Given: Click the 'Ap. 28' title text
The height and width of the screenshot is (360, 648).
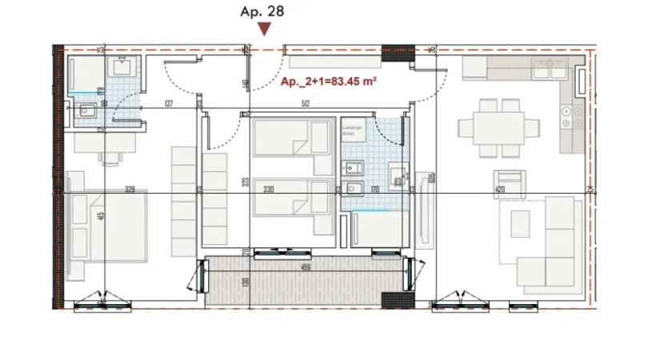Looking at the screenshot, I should [262, 11].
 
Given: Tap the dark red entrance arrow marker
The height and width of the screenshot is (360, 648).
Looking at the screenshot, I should [264, 30].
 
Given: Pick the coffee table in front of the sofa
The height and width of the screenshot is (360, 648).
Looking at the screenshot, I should [521, 222].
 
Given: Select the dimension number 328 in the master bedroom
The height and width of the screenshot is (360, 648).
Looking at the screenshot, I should [130, 190].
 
